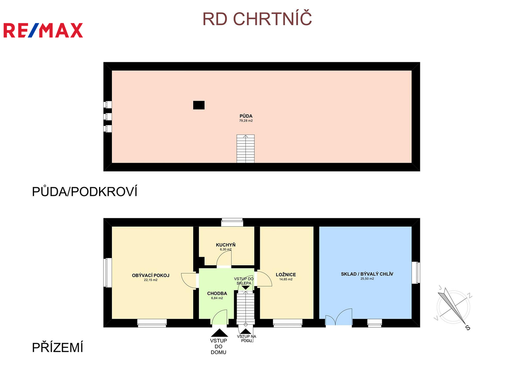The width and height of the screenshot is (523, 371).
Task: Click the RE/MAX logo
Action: coord(43,30)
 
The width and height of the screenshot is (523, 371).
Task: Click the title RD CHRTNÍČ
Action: coord(257,19)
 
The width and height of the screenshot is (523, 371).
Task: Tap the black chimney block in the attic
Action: coord(199,105)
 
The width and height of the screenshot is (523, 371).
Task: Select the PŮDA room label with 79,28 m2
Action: coord(246,118)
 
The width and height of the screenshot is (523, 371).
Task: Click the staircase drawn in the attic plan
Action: coord(246,148)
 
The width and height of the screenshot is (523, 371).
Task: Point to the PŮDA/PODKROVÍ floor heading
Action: coord(85,192)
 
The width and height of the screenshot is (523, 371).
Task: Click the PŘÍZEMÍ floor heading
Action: coord(57,348)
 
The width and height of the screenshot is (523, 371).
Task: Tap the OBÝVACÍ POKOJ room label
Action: coord(151,276)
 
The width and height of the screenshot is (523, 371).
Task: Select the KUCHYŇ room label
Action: coord(226,245)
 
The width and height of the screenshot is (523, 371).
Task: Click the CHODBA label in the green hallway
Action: coord(217,294)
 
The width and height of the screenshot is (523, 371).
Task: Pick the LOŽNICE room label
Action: coord(286,275)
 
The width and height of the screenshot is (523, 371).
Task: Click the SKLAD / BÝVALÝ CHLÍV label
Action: coord(367,274)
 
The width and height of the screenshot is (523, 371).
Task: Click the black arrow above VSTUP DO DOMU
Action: coord(219,333)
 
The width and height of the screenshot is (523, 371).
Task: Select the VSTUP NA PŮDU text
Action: coord(246,338)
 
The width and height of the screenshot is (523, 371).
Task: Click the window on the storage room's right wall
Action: coord(416,273)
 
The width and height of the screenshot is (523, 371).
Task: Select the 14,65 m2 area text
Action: coord(286,280)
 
